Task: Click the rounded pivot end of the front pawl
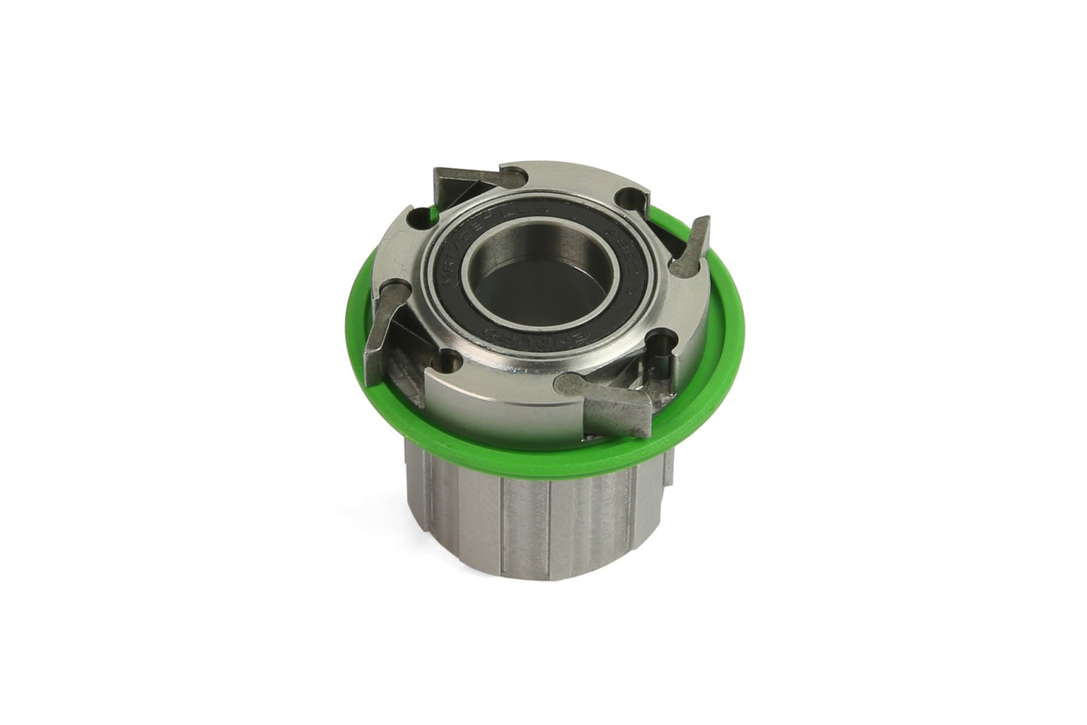(x=567, y=384)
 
